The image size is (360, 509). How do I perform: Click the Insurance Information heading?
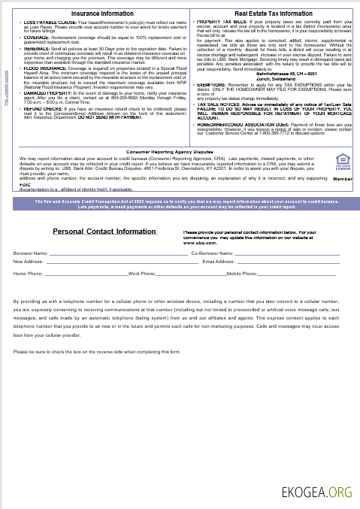coord(102,14)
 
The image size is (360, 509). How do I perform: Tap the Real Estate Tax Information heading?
coord(273,14)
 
